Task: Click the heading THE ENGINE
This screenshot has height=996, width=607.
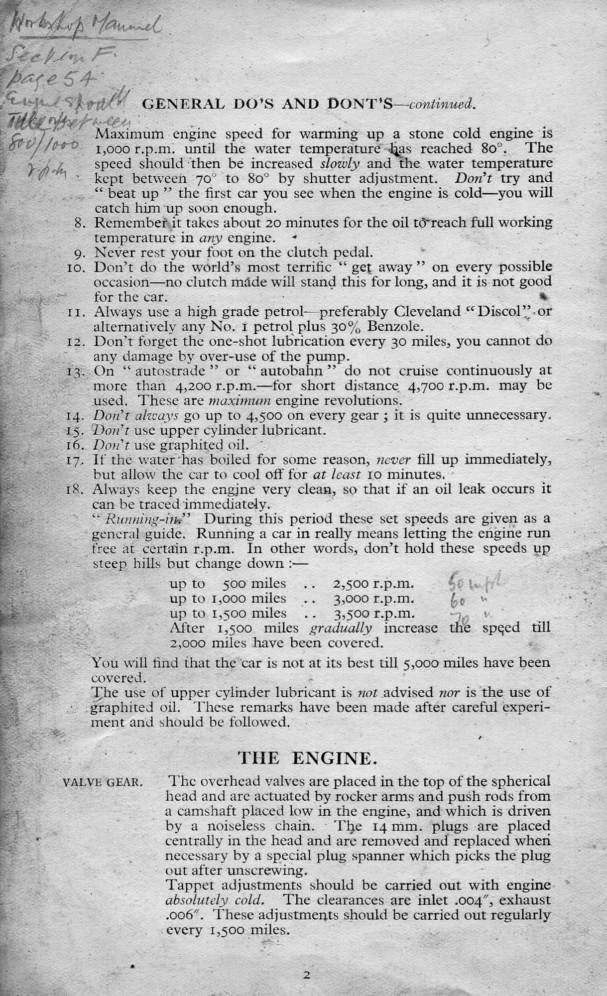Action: tap(306, 758)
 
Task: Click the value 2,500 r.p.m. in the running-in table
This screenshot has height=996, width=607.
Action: tap(373, 584)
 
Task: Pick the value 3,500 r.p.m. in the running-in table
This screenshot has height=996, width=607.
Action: tap(373, 613)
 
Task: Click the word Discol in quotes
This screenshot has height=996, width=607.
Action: tap(498, 312)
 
